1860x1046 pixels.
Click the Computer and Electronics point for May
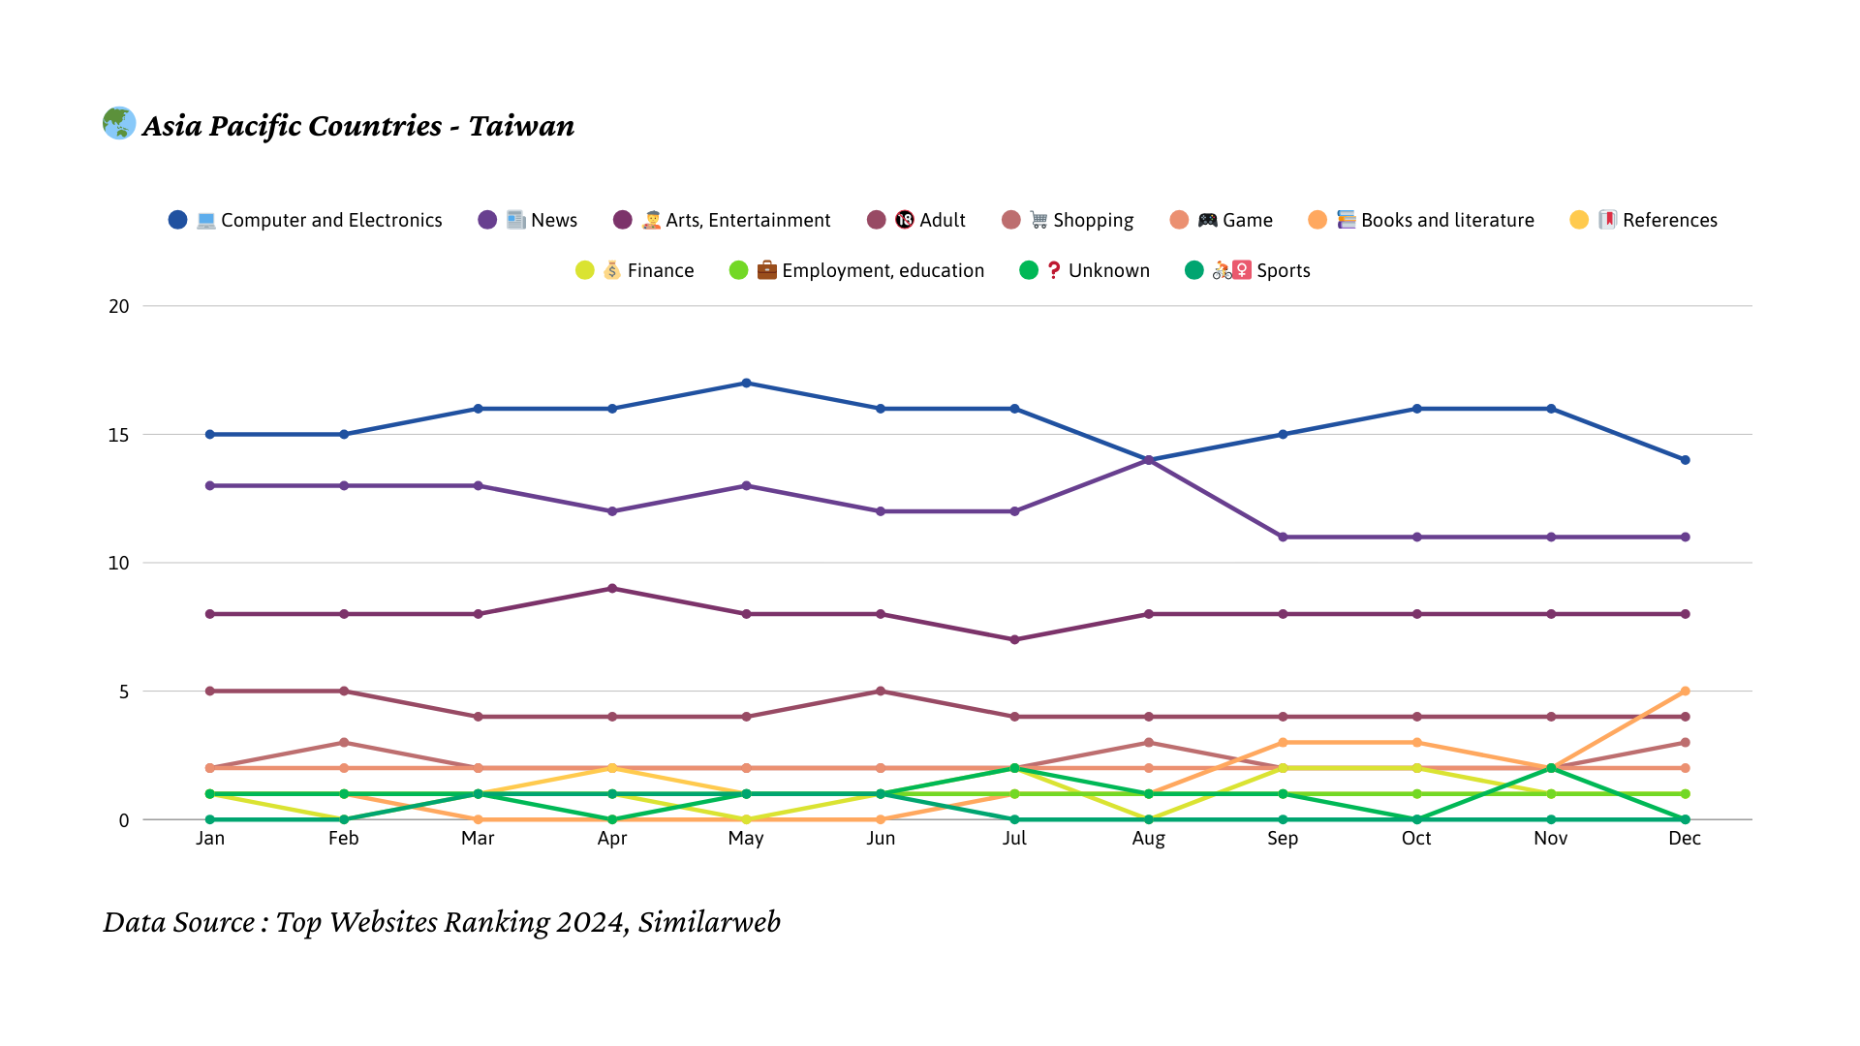tap(746, 384)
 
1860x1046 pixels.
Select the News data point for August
tap(1149, 460)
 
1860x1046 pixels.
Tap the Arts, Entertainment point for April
tap(612, 589)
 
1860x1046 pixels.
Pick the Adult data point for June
tap(881, 692)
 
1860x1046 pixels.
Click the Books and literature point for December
tap(1685, 692)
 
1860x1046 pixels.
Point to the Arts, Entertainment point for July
tap(1014, 640)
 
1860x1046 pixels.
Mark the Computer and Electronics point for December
tap(1685, 460)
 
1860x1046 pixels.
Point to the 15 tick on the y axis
tap(118, 435)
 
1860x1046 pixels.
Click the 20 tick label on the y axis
tap(118, 306)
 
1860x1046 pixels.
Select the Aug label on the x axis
tap(1149, 839)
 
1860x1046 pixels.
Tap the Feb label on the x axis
tap(344, 839)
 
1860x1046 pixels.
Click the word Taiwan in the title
tap(521, 127)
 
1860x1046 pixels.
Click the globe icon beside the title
tap(119, 123)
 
